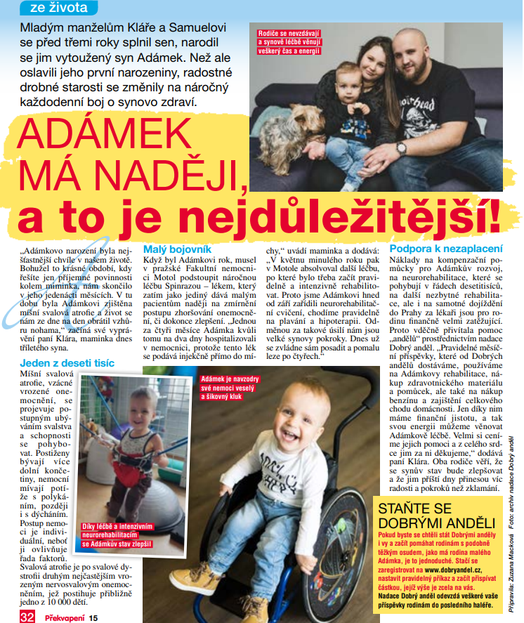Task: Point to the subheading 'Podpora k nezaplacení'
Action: [x=446, y=249]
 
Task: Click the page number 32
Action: [x=27, y=615]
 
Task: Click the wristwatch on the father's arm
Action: [x=400, y=147]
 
